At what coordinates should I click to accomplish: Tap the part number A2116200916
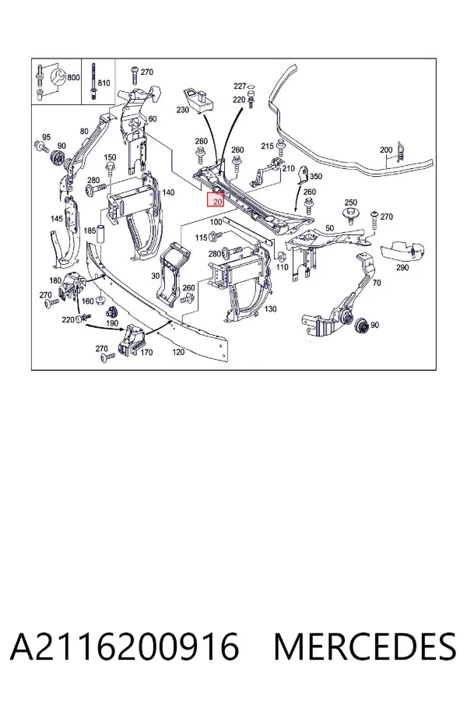(125, 647)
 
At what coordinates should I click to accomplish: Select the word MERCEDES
(365, 647)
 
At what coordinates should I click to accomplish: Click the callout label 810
(104, 83)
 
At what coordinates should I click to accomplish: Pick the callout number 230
(183, 110)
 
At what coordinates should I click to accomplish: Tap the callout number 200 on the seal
(386, 150)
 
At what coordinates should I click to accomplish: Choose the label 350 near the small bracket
(315, 176)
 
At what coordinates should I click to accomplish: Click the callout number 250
(351, 203)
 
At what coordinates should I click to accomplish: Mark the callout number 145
(57, 219)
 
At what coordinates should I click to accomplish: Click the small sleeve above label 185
(101, 233)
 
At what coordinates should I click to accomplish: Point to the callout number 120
(178, 352)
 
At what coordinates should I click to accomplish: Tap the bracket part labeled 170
(132, 341)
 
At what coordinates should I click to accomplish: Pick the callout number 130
(270, 309)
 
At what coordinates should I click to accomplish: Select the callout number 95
(47, 137)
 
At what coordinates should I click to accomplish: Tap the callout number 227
(240, 86)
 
